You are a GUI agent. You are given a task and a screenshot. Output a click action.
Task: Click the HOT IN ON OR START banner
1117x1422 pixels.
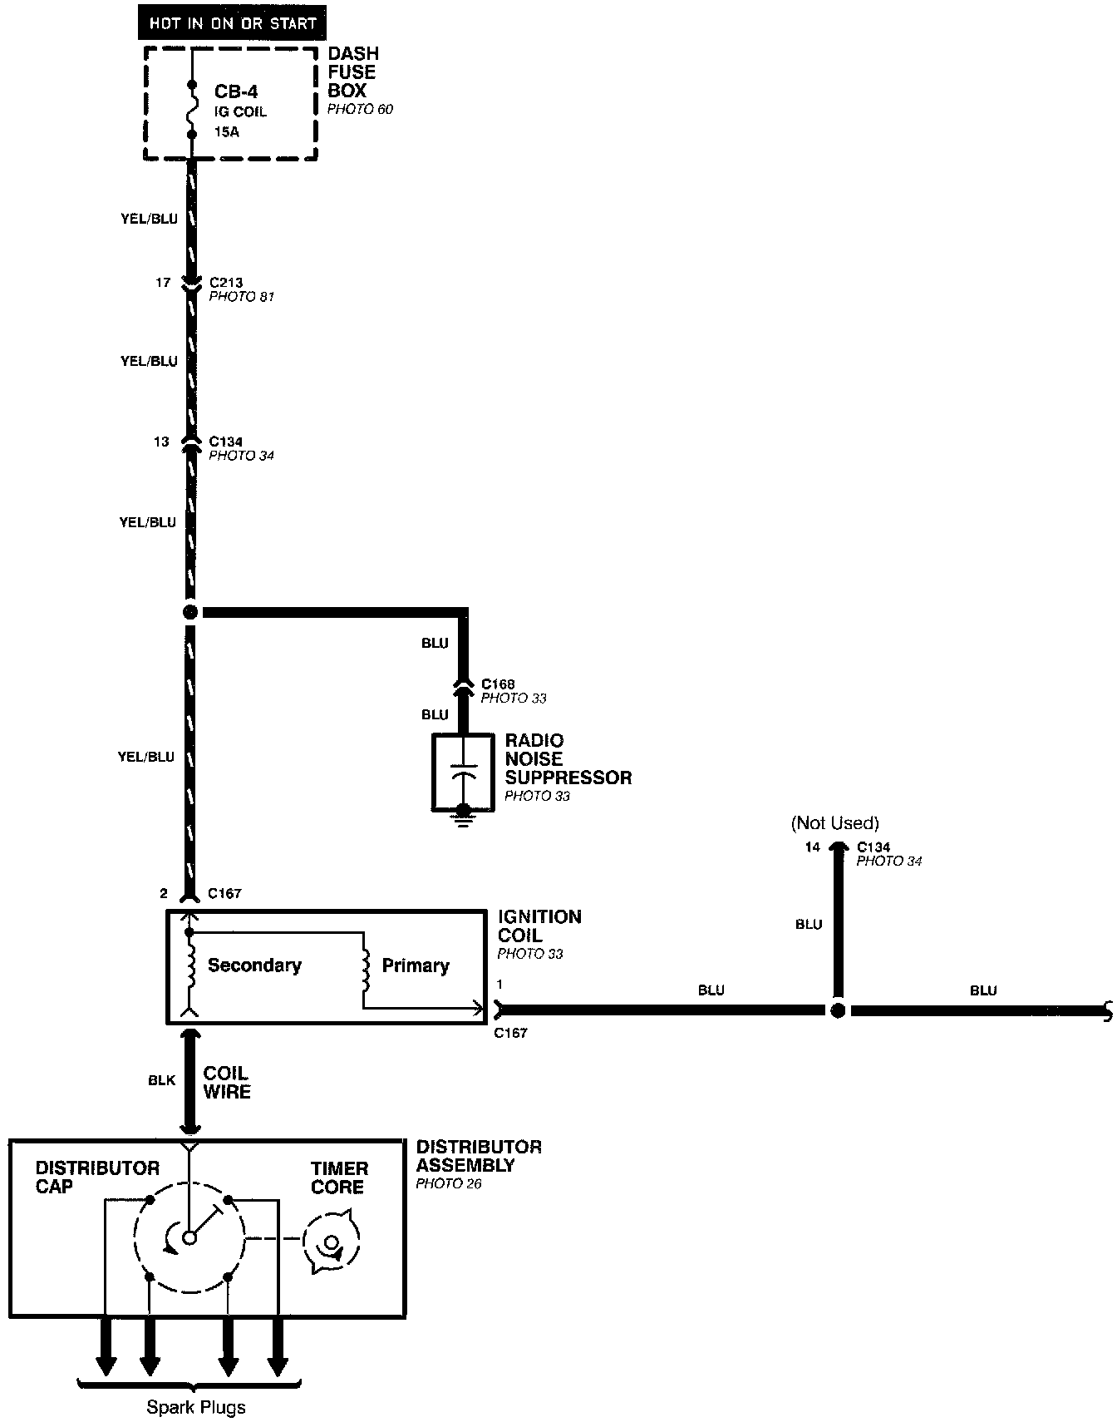tap(232, 22)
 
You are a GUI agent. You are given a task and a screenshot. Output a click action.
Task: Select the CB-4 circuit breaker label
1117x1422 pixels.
tap(236, 91)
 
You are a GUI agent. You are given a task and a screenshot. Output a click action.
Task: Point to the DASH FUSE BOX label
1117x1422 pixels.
tap(352, 72)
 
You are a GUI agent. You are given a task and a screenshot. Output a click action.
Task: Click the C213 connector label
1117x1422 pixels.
tap(225, 283)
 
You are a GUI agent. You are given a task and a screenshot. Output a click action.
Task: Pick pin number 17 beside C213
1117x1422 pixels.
tap(162, 283)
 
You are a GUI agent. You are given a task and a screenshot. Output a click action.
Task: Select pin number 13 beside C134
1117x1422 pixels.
tap(161, 442)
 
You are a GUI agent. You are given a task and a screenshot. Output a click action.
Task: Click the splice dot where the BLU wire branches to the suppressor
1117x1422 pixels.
tap(190, 613)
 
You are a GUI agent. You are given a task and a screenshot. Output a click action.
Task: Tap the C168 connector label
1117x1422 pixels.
tap(498, 684)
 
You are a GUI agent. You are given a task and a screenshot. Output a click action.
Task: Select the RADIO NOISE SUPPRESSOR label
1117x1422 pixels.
tap(568, 759)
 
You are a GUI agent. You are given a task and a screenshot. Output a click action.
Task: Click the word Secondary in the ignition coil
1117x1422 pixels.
tap(254, 965)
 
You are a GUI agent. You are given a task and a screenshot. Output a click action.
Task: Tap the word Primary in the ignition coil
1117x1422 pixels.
tap(416, 965)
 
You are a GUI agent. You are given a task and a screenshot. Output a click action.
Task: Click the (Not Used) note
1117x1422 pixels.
tap(834, 823)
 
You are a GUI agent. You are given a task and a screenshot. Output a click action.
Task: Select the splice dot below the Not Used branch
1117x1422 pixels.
tap(838, 1010)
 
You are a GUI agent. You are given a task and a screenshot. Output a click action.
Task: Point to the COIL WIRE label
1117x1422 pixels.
tap(226, 1082)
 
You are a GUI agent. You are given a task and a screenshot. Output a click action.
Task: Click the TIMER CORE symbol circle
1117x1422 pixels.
tap(331, 1243)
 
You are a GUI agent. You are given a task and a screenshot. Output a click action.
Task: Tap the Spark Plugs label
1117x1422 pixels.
tap(196, 1407)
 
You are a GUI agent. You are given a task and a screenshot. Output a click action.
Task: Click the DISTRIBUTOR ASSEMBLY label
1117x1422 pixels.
tap(479, 1156)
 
